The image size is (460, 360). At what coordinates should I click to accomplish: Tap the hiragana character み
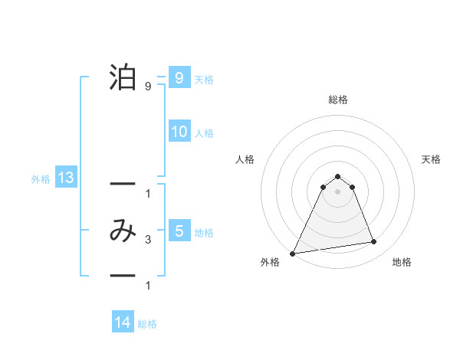[123, 231]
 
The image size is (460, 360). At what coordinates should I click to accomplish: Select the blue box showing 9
[179, 77]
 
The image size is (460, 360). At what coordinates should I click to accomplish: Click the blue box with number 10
[179, 132]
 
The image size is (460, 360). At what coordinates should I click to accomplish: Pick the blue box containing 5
[179, 231]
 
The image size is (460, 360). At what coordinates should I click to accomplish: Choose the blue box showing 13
[65, 178]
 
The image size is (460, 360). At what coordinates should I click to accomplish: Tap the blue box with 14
[123, 322]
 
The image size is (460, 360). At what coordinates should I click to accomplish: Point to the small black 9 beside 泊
[147, 87]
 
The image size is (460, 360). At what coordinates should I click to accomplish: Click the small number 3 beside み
[147, 241]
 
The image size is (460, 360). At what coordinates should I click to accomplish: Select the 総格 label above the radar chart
[337, 100]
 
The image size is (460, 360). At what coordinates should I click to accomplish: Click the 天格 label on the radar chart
[431, 159]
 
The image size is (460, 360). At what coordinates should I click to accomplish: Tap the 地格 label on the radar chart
[402, 263]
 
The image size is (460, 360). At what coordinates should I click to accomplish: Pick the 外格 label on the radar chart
[270, 263]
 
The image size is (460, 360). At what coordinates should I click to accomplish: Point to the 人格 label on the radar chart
[245, 159]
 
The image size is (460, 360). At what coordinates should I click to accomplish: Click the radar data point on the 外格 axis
[293, 253]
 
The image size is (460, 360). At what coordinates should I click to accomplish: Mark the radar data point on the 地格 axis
[374, 242]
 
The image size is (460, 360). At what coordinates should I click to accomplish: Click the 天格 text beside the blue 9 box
[204, 79]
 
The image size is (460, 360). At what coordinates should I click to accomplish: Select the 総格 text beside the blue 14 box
[147, 324]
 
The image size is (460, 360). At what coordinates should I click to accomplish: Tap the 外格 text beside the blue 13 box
[40, 179]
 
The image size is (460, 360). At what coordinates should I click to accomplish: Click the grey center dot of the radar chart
[337, 191]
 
